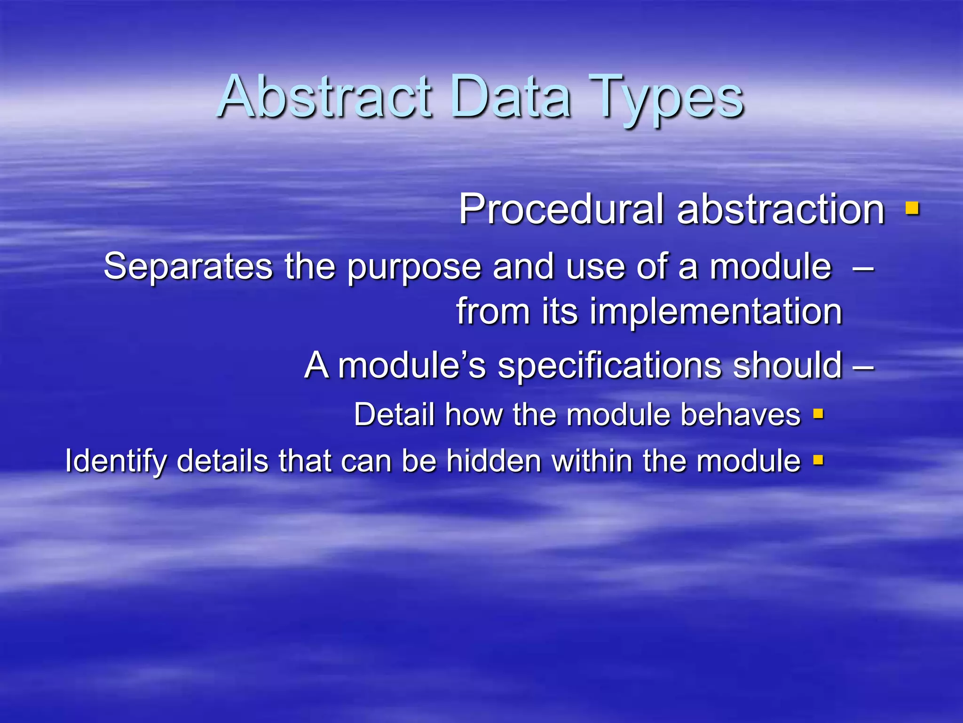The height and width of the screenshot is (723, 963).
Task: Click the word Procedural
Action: pos(561,209)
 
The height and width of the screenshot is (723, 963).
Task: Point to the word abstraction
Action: pos(781,209)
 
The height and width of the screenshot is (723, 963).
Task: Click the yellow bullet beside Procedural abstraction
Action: pos(912,208)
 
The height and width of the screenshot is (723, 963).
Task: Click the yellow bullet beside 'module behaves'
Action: pos(819,414)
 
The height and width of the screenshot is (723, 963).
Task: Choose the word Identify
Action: pos(115,461)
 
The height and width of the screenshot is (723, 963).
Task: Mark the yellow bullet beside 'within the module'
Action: pos(819,460)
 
